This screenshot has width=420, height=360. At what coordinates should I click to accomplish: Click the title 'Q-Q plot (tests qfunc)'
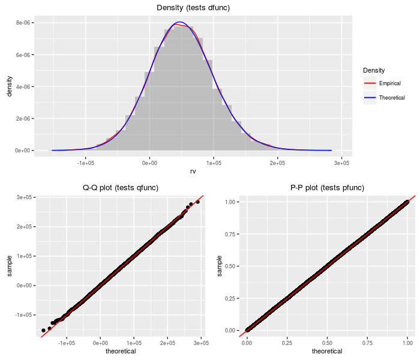121,188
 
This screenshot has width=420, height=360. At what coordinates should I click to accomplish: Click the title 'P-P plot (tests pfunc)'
327,188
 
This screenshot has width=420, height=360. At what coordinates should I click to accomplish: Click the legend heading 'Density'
374,70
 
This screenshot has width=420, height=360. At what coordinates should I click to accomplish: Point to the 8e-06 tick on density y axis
23,23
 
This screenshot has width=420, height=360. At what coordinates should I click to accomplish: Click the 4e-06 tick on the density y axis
23,86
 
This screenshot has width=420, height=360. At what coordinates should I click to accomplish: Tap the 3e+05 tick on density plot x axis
341,163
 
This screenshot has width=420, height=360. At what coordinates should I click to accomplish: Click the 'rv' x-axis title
193,171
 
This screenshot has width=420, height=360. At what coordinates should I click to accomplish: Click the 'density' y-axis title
9,86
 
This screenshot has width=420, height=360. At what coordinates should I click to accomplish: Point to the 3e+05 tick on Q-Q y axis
24,197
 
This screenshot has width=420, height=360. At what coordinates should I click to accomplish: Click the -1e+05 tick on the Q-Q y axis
23,314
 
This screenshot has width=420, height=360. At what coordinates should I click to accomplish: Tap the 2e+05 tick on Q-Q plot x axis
167,343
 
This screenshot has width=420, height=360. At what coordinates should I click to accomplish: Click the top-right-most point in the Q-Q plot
198,202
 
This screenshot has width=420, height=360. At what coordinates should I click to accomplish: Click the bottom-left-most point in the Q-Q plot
43,331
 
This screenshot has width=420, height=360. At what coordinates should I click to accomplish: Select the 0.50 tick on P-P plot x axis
327,343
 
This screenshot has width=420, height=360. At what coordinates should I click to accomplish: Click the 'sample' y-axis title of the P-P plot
220,265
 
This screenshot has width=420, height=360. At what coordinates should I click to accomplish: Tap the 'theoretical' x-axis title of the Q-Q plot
121,351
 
